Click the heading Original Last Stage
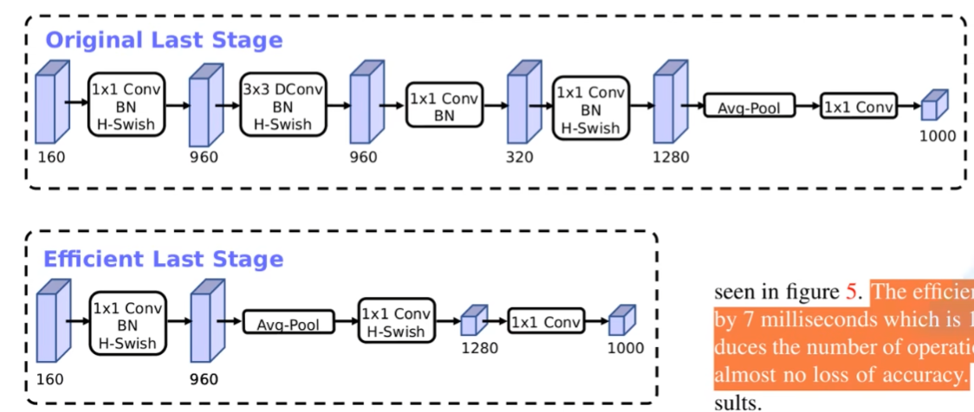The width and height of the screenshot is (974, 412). [x=164, y=40]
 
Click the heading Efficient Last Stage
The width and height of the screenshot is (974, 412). [x=164, y=259]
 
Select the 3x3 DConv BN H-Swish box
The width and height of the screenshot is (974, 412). [x=276, y=104]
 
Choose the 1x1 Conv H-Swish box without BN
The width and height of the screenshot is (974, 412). [x=397, y=322]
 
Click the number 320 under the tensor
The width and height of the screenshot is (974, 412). [x=520, y=158]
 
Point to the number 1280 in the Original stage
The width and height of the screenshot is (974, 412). [x=672, y=158]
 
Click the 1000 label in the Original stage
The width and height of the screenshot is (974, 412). [x=938, y=136]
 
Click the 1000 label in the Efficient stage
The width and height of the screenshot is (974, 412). [x=626, y=348]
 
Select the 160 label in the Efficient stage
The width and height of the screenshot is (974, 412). [x=51, y=379]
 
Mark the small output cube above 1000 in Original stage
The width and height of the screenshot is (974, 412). [x=932, y=106]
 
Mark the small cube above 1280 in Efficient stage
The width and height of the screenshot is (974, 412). [x=471, y=322]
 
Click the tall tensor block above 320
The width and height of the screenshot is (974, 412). [x=518, y=103]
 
